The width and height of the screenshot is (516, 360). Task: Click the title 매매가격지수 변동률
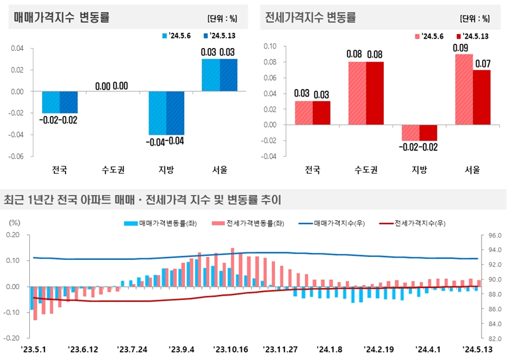[61, 18]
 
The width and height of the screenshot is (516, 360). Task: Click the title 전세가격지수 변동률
[310, 18]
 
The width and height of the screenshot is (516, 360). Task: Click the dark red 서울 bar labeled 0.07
[481, 97]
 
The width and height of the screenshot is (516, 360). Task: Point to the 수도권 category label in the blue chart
[113, 170]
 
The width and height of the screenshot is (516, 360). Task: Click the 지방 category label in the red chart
[419, 170]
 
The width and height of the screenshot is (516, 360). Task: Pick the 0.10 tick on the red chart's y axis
[270, 46]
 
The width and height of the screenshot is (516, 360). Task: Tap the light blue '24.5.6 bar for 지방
[157, 113]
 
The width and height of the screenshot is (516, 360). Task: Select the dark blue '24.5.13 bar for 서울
[229, 75]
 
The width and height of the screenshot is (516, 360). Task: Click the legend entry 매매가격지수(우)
[331, 223]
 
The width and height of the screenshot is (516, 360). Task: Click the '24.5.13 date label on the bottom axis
[479, 349]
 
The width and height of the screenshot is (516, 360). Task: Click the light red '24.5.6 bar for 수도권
[357, 93]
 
